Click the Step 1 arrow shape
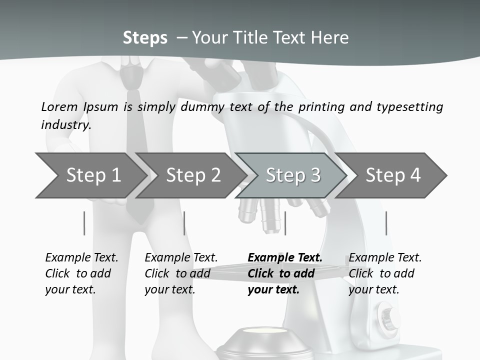[90, 175]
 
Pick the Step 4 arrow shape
[392, 175]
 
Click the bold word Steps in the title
[145, 38]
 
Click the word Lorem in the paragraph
[59, 106]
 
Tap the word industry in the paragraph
[65, 124]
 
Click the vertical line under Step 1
[84, 223]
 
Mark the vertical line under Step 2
[184, 223]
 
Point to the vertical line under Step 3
[285, 223]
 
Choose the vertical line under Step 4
[386, 223]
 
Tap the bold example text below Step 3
[284, 273]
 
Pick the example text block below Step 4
[385, 273]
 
